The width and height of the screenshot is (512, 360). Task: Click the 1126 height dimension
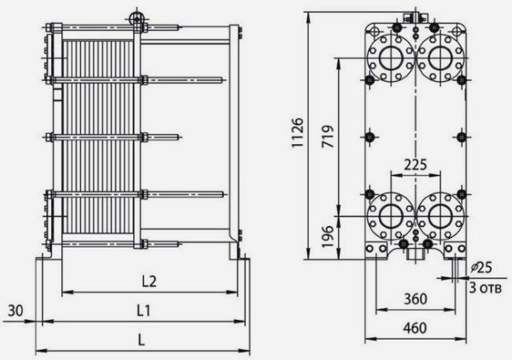click(x=298, y=132)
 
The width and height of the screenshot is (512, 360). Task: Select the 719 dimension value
click(x=328, y=136)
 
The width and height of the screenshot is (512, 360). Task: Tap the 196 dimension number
click(x=329, y=236)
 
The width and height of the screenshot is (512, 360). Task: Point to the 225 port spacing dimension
click(x=416, y=165)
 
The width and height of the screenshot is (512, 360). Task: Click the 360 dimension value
click(x=416, y=299)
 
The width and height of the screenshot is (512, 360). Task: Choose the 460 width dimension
click(x=415, y=328)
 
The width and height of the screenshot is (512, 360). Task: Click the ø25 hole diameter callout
click(x=481, y=268)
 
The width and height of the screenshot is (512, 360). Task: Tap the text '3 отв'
click(x=485, y=287)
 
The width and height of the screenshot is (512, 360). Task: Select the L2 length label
click(x=149, y=282)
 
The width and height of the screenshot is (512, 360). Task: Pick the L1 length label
click(x=143, y=311)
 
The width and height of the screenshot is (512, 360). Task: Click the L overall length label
click(x=141, y=340)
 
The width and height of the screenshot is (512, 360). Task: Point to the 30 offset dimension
click(x=15, y=311)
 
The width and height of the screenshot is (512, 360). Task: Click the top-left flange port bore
click(x=391, y=58)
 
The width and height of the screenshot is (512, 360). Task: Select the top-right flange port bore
click(x=440, y=58)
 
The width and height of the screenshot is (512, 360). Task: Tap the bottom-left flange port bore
click(x=391, y=216)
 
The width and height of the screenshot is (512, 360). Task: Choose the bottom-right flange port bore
click(x=440, y=216)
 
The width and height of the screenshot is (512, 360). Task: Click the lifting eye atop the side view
click(x=135, y=17)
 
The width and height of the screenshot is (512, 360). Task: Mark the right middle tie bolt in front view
click(x=462, y=136)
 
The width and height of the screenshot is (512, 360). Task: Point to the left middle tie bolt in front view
click(x=369, y=136)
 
